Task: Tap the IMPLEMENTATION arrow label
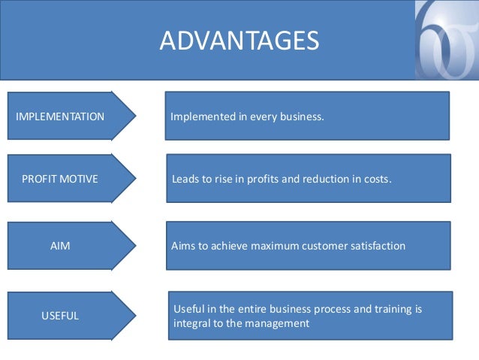[x=60, y=116]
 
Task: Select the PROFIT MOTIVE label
[x=60, y=180]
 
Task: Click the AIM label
[x=60, y=246]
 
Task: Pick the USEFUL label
[x=60, y=316]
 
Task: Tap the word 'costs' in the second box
[x=375, y=180]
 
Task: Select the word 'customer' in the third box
[x=321, y=246]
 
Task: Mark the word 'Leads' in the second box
[x=185, y=180]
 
